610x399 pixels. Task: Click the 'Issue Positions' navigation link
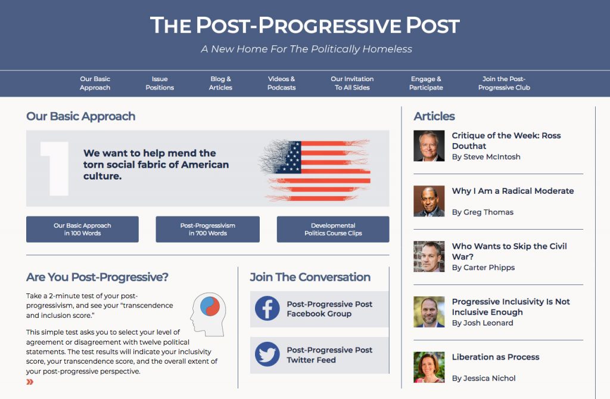160,83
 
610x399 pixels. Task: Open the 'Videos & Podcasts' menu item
281,83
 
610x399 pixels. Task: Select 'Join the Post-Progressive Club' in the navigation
504,83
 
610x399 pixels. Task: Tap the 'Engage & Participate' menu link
426,83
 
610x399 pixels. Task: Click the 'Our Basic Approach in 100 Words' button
82,229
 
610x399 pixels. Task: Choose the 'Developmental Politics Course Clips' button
333,229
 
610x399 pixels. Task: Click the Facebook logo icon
267,308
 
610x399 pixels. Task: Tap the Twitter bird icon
267,354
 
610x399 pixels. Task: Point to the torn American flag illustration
315,170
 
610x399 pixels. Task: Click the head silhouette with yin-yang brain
208,314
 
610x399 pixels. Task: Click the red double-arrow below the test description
30,382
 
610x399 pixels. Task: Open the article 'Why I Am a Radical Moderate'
513,191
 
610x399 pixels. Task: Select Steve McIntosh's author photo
429,146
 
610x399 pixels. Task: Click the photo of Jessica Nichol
429,367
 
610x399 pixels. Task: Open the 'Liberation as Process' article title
496,357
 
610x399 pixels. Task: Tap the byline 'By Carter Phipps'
483,268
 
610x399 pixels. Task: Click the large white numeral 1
56,168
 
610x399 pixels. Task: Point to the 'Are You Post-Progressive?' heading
97,277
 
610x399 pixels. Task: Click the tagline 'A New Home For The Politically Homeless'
306,49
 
